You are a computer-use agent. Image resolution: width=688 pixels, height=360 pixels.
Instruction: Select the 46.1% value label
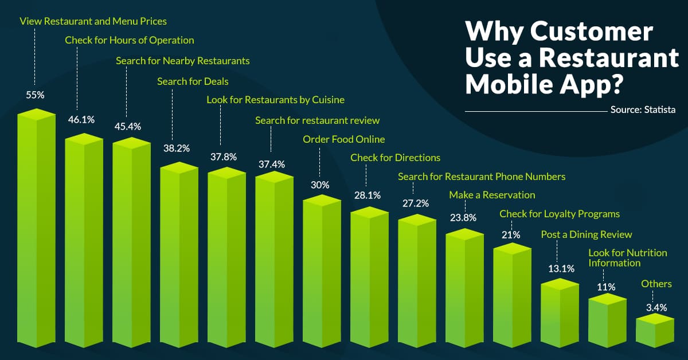[x=83, y=119]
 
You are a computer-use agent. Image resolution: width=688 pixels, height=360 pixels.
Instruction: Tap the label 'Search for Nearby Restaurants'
[x=183, y=60]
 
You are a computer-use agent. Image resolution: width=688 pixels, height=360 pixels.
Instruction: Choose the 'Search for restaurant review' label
[x=317, y=120]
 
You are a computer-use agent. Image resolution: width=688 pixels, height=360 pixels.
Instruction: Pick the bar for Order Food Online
[x=322, y=275]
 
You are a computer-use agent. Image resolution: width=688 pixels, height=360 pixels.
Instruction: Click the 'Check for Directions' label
[x=395, y=157]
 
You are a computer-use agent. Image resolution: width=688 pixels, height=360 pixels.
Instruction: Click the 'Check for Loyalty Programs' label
[x=560, y=214]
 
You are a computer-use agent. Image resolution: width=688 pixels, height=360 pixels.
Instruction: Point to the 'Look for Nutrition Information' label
[x=619, y=257]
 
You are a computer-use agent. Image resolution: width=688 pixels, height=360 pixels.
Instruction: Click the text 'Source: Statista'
[x=643, y=110]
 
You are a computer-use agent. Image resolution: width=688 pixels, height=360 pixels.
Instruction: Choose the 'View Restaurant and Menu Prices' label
[x=93, y=21]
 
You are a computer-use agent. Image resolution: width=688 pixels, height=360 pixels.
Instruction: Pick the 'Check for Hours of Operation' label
[x=130, y=40]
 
